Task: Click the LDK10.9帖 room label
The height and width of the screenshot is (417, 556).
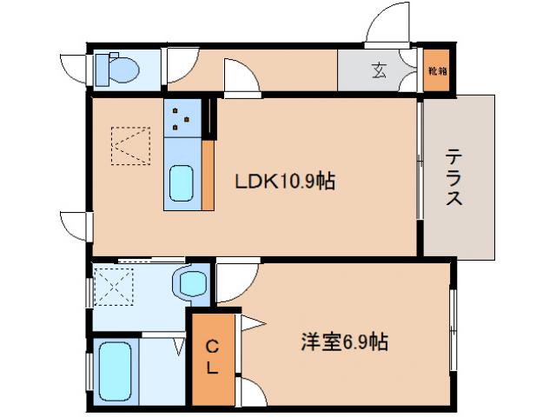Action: pyautogui.click(x=284, y=182)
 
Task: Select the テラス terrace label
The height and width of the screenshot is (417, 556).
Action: pyautogui.click(x=454, y=176)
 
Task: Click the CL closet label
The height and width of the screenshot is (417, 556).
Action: pyautogui.click(x=213, y=356)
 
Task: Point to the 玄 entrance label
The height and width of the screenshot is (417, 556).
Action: pyautogui.click(x=380, y=70)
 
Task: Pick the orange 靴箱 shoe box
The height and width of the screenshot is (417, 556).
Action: pyautogui.click(x=437, y=69)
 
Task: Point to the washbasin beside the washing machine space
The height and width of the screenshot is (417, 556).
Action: pyautogui.click(x=191, y=282)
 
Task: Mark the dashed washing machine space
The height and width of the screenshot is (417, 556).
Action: pyautogui.click(x=112, y=285)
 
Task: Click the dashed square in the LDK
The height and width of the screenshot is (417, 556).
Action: pyautogui.click(x=130, y=145)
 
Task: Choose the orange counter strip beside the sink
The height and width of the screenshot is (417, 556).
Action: pyautogui.click(x=208, y=173)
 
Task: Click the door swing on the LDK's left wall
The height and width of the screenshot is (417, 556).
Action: pyautogui.click(x=76, y=224)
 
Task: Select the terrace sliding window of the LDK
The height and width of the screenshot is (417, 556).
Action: pyautogui.click(x=421, y=162)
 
